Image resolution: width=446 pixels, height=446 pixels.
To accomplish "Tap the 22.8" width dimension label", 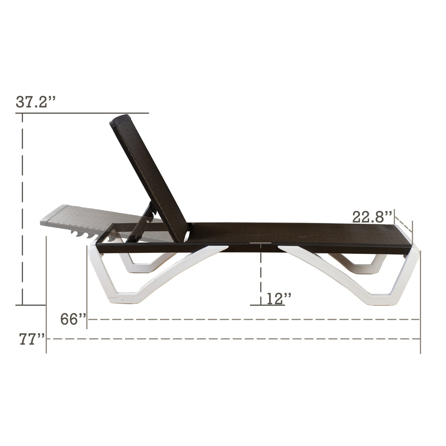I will (372, 217).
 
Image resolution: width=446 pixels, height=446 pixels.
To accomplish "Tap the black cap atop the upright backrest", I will (120, 120).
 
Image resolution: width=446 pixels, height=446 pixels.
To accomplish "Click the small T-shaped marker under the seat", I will (261, 244).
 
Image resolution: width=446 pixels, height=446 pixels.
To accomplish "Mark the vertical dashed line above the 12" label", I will (261, 274).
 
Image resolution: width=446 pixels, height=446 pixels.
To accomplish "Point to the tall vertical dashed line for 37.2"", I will (22, 207).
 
